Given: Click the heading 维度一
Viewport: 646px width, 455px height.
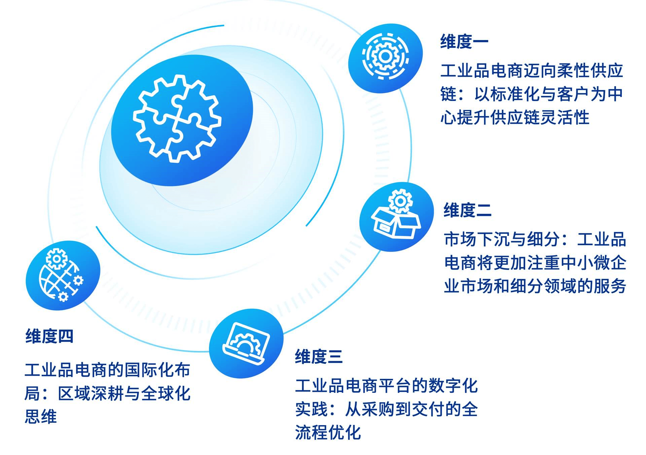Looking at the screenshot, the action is point(464,42).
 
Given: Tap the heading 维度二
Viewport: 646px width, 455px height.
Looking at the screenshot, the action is point(468,210).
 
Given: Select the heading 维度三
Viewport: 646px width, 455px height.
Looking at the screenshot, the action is point(319,356).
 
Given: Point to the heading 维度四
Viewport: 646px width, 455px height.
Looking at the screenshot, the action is point(49,336).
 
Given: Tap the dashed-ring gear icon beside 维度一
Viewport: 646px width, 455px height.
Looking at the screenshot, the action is point(386,56).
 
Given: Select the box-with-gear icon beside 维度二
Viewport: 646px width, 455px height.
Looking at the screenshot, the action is point(396,214).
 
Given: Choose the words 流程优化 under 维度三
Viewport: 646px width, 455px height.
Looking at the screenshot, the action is point(328,432).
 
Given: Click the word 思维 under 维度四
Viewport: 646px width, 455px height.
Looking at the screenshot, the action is point(41,417).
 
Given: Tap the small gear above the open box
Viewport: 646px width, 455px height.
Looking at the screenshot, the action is point(400,201).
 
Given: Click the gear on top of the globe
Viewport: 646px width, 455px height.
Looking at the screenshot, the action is point(57,259).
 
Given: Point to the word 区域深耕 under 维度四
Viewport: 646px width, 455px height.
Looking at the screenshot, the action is point(91,393).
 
